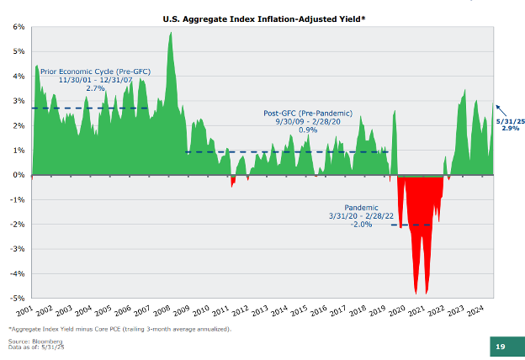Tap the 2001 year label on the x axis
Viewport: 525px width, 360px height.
tap(24, 311)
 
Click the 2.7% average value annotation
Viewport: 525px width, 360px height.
tap(95, 88)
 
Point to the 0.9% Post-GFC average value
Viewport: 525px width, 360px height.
tap(308, 130)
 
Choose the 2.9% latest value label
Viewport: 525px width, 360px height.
tap(510, 129)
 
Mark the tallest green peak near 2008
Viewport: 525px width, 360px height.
tap(171, 34)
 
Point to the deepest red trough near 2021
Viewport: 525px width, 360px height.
tap(427, 292)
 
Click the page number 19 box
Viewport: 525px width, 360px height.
tap(499, 347)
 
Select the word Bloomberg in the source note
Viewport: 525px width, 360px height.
tap(40, 341)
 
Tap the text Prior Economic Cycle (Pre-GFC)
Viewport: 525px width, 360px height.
tap(95, 71)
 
